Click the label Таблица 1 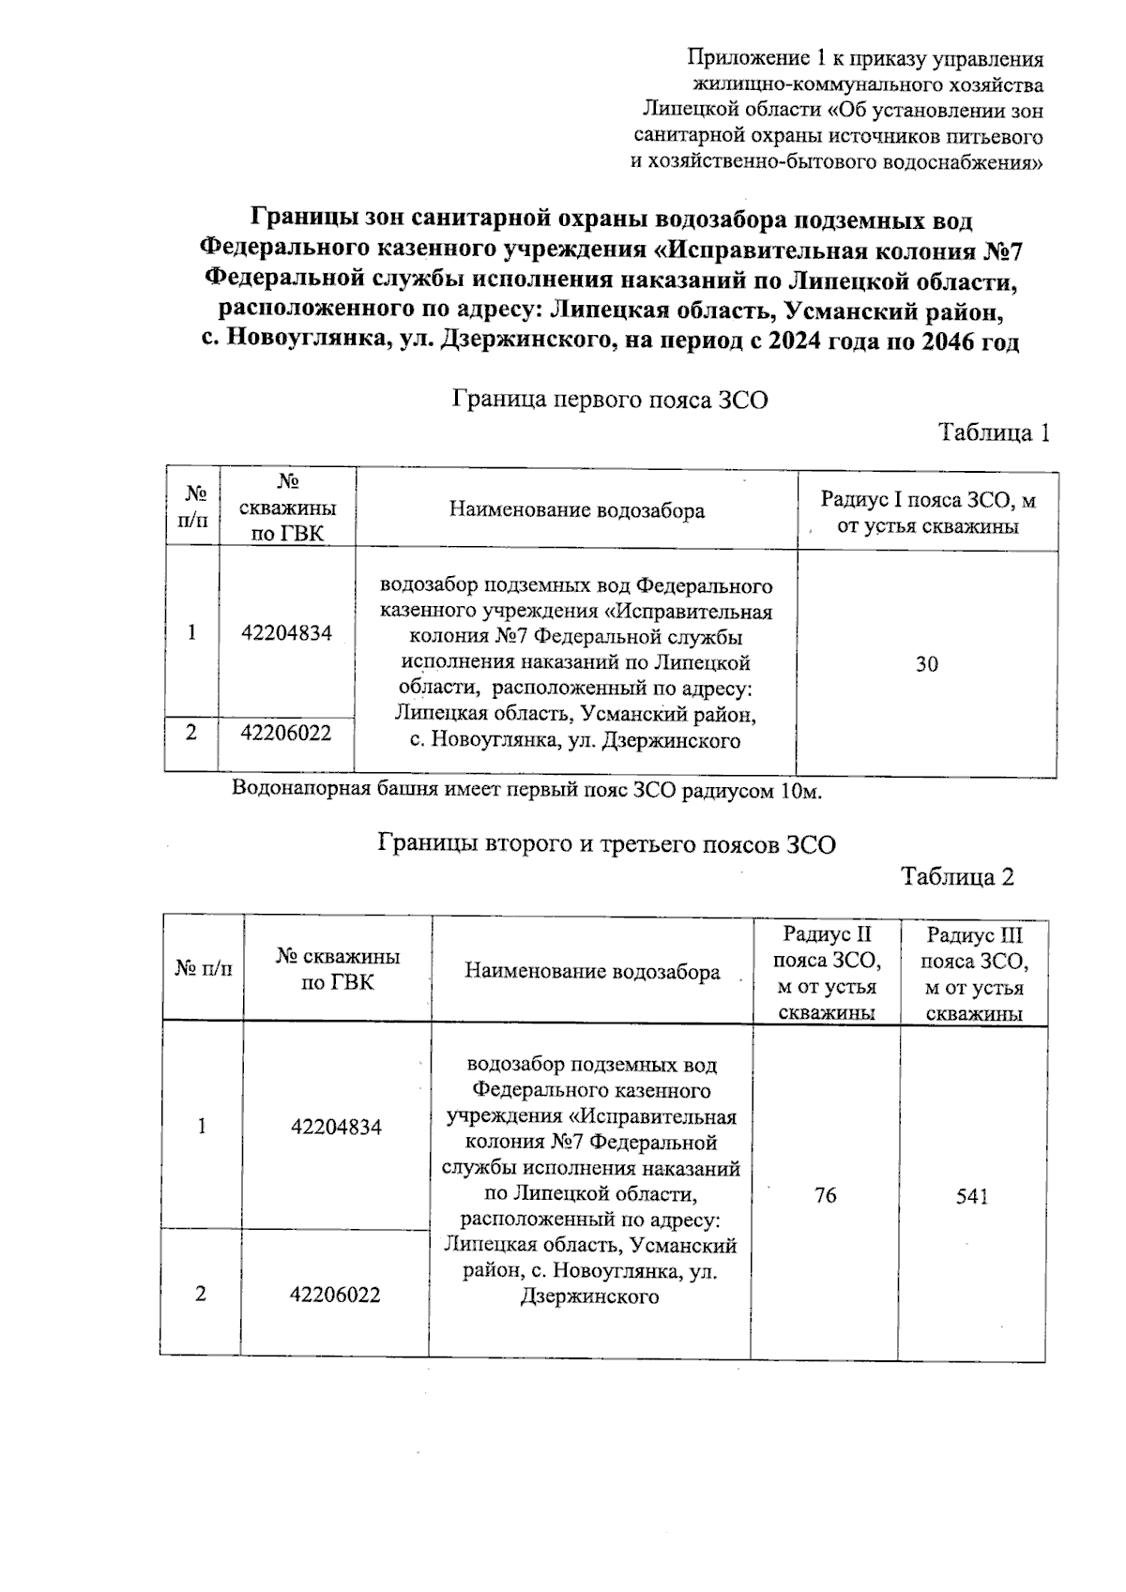(993, 432)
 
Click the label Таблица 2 (957, 876)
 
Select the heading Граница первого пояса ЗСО (610, 401)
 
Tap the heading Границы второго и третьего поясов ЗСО (606, 843)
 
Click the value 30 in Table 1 (926, 664)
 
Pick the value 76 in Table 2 (825, 1195)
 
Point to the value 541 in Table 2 (972, 1196)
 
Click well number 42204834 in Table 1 (286, 632)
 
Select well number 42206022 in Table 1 (286, 733)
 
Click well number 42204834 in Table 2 (336, 1127)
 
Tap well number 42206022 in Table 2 (335, 1295)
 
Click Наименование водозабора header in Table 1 (576, 510)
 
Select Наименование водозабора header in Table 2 (592, 972)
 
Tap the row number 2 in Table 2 (200, 1294)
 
